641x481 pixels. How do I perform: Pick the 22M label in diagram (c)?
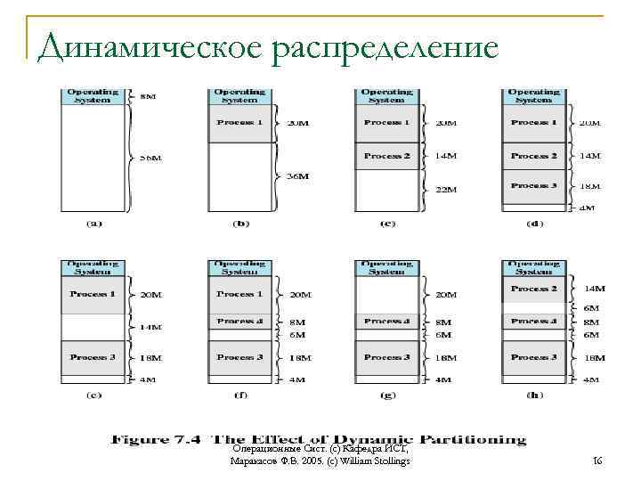tap(445, 189)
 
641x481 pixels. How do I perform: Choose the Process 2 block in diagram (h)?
tap(534, 289)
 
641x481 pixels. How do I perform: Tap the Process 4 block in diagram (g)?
tap(386, 322)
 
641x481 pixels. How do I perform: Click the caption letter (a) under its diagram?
tap(93, 224)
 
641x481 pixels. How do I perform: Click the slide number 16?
tap(598, 461)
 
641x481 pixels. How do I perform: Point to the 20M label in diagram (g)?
tap(445, 295)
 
